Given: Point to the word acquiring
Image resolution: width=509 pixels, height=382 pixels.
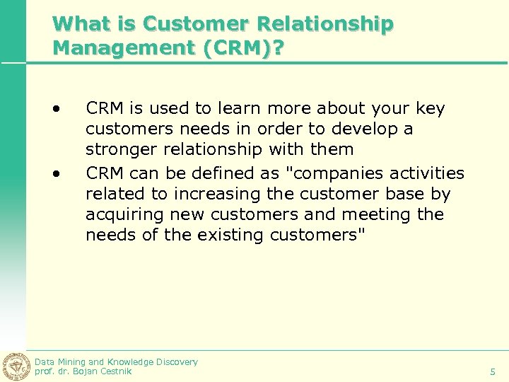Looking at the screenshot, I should (x=121, y=214).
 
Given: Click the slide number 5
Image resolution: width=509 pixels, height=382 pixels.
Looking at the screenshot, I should (x=493, y=371).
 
